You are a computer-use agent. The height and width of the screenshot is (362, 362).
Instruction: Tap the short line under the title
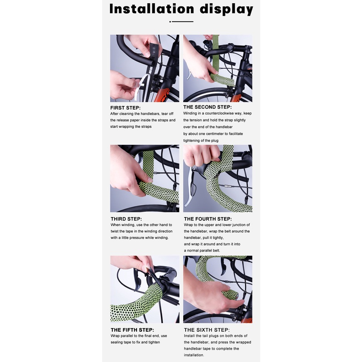(181, 22)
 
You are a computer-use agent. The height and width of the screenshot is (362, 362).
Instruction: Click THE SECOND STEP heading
(208, 107)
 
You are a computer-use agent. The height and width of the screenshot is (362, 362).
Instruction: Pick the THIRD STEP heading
(126, 219)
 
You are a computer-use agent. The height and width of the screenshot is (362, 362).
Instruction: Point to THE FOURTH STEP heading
(208, 219)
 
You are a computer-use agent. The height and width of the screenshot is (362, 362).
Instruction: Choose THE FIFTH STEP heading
(132, 330)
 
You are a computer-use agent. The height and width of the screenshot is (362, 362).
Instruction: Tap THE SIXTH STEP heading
(207, 330)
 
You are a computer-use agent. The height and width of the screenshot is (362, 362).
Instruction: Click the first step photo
(145, 68)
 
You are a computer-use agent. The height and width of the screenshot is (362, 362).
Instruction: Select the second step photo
(218, 68)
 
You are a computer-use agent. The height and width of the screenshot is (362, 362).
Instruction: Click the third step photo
(145, 179)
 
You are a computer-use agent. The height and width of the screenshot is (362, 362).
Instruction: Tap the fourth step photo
(218, 179)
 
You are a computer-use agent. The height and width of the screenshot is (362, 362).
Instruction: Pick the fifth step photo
(145, 290)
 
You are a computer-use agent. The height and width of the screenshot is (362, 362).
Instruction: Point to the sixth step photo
(218, 290)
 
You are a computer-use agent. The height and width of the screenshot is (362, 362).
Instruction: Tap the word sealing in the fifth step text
(121, 342)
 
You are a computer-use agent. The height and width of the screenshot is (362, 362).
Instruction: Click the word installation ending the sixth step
(194, 355)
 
